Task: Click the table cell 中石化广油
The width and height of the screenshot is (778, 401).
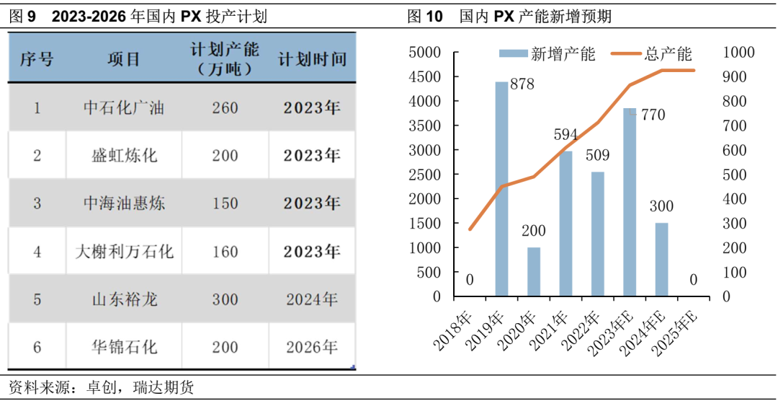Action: pyautogui.click(x=124, y=108)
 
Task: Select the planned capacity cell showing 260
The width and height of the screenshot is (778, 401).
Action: pyautogui.click(x=225, y=108)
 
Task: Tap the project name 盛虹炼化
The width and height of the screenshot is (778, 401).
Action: pyautogui.click(x=124, y=156)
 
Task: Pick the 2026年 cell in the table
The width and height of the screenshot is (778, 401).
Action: pyautogui.click(x=311, y=347)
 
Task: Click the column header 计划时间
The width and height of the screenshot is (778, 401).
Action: pyautogui.click(x=312, y=59)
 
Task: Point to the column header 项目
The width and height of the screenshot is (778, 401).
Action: pyautogui.click(x=124, y=59)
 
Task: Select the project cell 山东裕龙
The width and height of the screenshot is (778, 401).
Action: pyautogui.click(x=124, y=299)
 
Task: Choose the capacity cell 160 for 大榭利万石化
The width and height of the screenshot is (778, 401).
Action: pyautogui.click(x=225, y=252)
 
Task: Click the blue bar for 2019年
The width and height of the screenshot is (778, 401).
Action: pyautogui.click(x=501, y=189)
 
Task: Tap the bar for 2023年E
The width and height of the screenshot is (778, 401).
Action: pyautogui.click(x=629, y=202)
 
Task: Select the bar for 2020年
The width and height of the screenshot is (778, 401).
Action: pyautogui.click(x=533, y=272)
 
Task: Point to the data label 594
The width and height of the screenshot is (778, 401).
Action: pyautogui.click(x=566, y=135)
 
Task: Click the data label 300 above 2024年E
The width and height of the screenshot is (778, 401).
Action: pyautogui.click(x=661, y=207)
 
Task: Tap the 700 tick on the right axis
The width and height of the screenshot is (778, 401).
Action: pyautogui.click(x=738, y=126)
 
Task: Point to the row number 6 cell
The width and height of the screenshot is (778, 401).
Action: pyautogui.click(x=37, y=347)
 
